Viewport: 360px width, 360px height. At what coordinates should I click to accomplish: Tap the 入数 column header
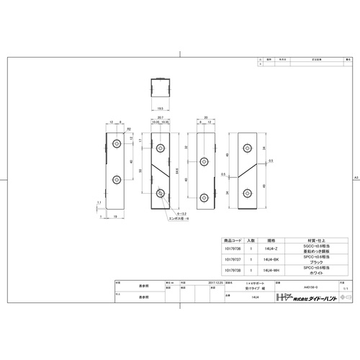click(250, 240)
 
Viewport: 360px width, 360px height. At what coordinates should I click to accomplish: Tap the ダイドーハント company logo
click(306, 297)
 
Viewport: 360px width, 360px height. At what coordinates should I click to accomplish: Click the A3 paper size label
click(356, 176)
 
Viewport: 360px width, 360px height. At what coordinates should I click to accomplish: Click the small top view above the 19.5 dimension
click(161, 91)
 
